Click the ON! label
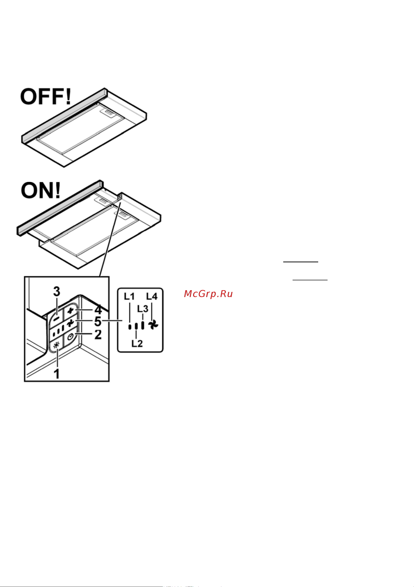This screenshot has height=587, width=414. pos(41,190)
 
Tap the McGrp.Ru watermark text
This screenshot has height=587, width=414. pos(208,294)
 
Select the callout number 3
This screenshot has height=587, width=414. pos(57,291)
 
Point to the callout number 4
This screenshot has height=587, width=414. pos(98,310)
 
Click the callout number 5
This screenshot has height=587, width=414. pos(98,321)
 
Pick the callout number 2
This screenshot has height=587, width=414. pos(98,334)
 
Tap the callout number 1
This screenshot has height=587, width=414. pos(57,374)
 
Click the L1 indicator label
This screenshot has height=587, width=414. pos(130,297)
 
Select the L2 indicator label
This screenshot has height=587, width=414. pos(137,344)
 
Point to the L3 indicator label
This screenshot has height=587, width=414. pos(143,309)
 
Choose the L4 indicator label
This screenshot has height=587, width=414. pos(152,297)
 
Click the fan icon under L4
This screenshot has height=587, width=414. pos(153,325)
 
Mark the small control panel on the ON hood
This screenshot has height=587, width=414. pos(119,197)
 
